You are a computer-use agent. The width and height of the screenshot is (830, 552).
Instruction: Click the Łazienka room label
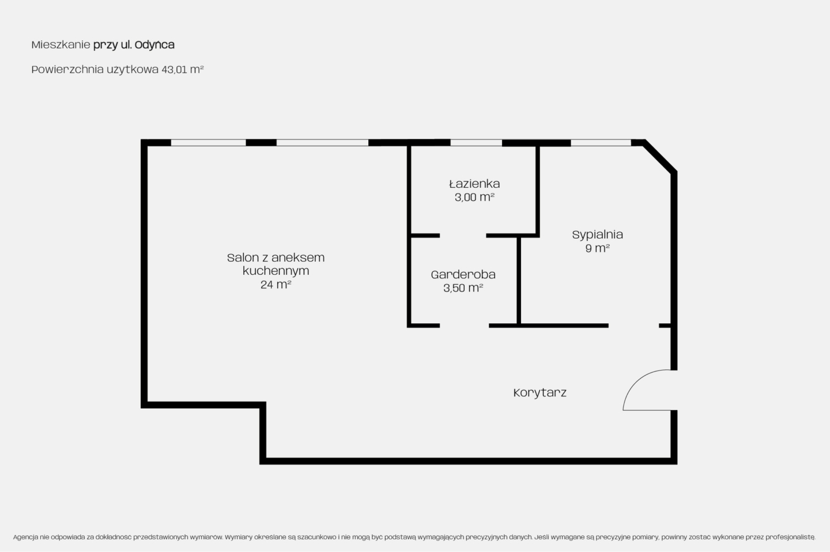(x=474, y=184)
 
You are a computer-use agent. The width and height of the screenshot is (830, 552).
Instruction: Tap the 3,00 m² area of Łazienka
(x=474, y=197)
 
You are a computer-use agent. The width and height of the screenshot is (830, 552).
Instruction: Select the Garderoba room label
(x=463, y=274)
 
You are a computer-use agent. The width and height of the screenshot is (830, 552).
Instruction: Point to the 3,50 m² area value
(x=463, y=288)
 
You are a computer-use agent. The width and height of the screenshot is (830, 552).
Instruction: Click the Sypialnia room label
(x=597, y=235)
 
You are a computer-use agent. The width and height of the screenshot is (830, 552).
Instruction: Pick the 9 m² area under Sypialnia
(x=597, y=248)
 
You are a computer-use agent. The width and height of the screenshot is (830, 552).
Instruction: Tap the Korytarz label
(x=540, y=393)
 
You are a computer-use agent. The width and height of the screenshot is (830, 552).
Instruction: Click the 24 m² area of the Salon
(x=276, y=285)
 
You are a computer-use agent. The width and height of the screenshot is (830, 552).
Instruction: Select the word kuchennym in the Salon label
(x=276, y=271)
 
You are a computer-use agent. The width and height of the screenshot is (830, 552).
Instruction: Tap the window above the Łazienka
(x=476, y=143)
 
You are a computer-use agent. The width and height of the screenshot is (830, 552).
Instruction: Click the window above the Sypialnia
(x=601, y=143)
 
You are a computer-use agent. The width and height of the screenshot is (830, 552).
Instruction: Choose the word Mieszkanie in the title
(x=61, y=45)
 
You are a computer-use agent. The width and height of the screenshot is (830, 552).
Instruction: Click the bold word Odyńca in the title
(x=154, y=44)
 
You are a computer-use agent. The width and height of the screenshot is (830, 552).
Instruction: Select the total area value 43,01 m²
(x=182, y=69)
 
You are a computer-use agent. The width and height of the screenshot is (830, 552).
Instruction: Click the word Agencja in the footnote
(x=25, y=537)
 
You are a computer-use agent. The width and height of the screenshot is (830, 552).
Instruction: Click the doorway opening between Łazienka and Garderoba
(x=463, y=236)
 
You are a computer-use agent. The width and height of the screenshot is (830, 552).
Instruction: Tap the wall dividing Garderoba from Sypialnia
(x=519, y=281)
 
